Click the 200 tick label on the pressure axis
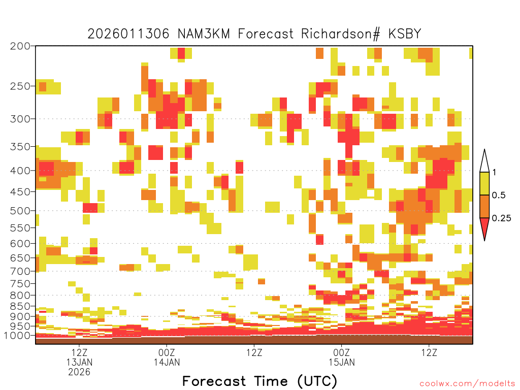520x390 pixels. (x=20, y=46)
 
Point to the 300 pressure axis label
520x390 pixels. (x=20, y=119)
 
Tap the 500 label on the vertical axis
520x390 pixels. (x=20, y=211)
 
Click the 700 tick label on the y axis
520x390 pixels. (x=20, y=271)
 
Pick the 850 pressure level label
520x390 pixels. (x=20, y=306)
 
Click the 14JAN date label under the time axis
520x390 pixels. (x=167, y=362)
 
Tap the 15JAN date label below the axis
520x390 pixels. (x=342, y=362)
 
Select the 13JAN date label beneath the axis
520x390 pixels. (x=79, y=362)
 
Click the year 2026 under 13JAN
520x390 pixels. (x=79, y=372)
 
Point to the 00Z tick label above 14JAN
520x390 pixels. (x=167, y=352)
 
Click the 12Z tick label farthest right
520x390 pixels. (x=430, y=352)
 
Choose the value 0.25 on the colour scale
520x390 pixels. (x=501, y=218)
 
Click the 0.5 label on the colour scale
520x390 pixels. (x=499, y=195)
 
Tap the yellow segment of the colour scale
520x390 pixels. (x=484, y=183)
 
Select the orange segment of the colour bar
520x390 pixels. (x=484, y=206)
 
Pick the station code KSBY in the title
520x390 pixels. (x=405, y=34)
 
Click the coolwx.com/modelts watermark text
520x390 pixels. (x=467, y=384)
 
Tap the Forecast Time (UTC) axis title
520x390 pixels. (x=259, y=381)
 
